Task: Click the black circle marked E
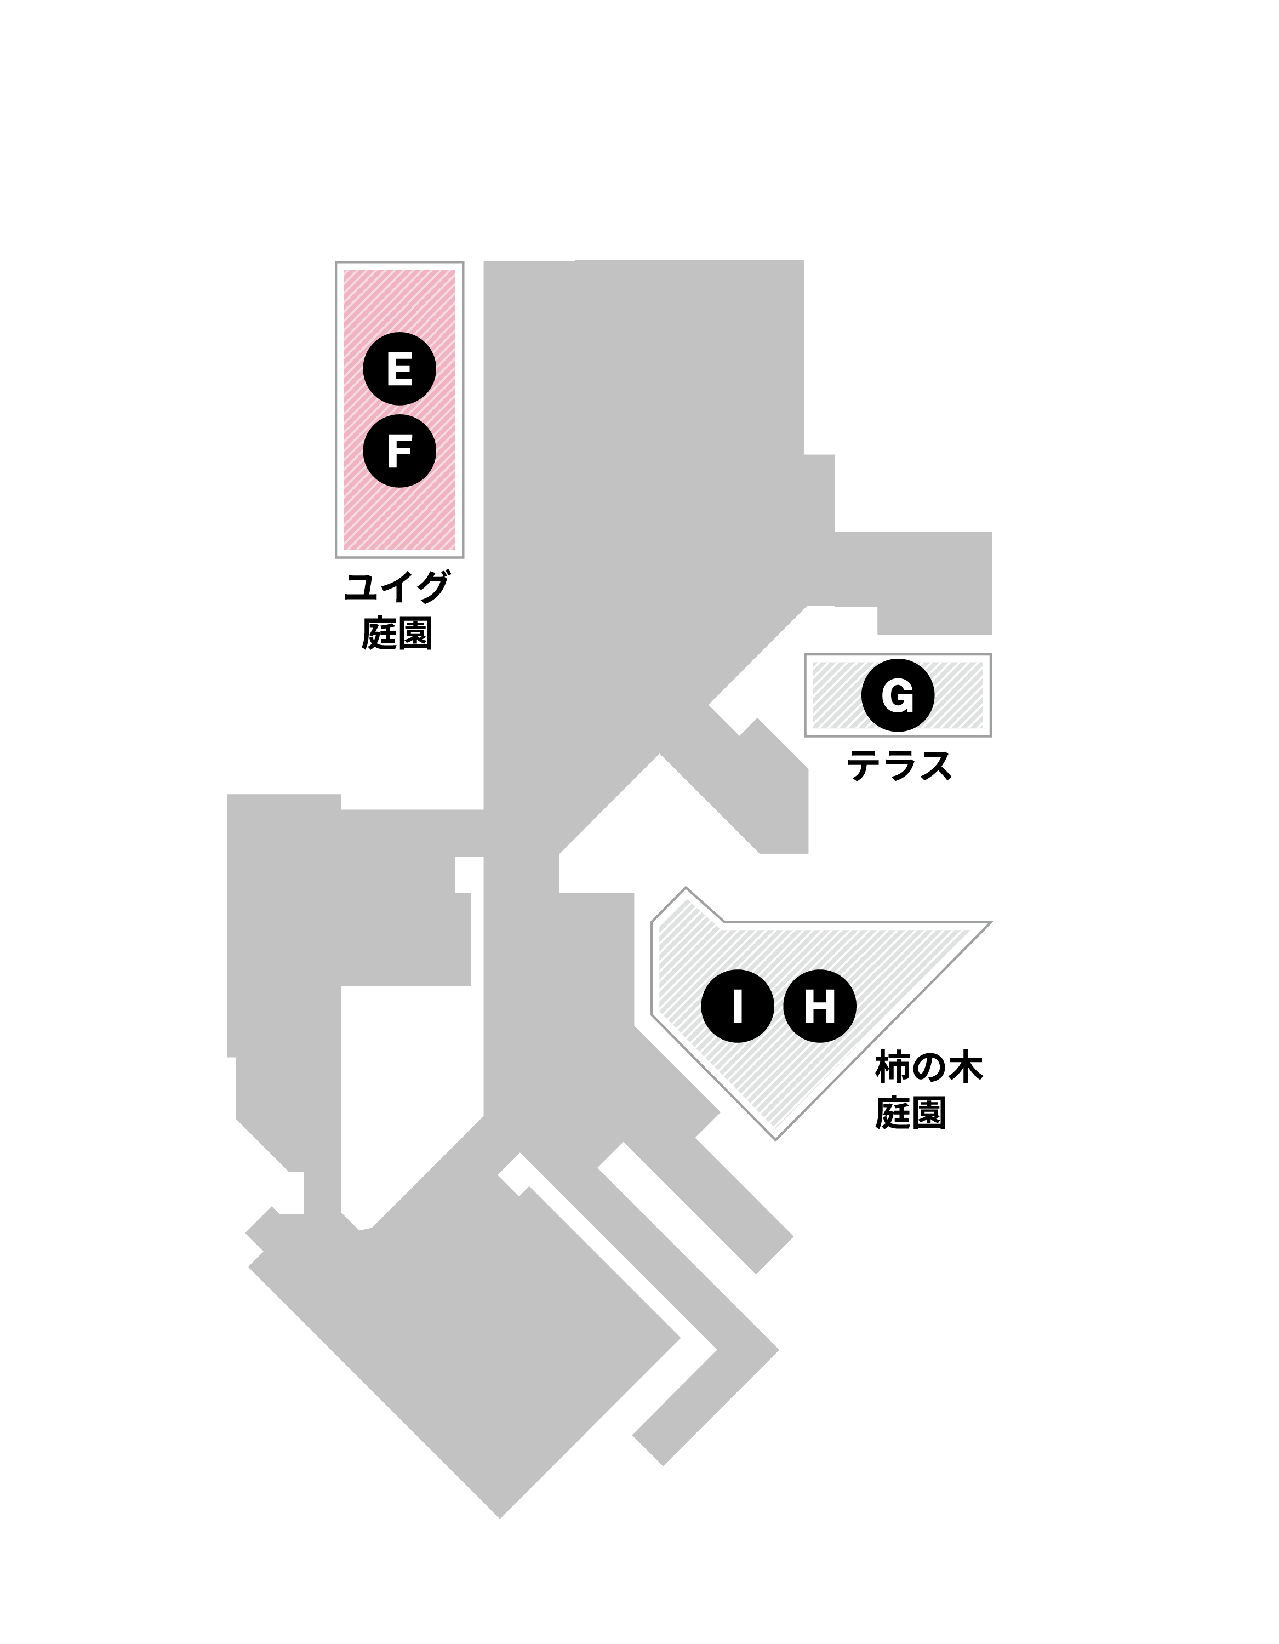(x=399, y=369)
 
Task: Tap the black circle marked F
(x=399, y=451)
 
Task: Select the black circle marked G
(x=898, y=695)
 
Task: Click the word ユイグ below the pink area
(x=397, y=587)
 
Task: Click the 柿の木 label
(x=929, y=1068)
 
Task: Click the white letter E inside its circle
(x=399, y=369)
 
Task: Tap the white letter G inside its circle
(x=898, y=695)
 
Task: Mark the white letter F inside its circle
(x=399, y=451)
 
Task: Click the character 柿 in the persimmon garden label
(x=892, y=1068)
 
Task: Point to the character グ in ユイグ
(x=433, y=587)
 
